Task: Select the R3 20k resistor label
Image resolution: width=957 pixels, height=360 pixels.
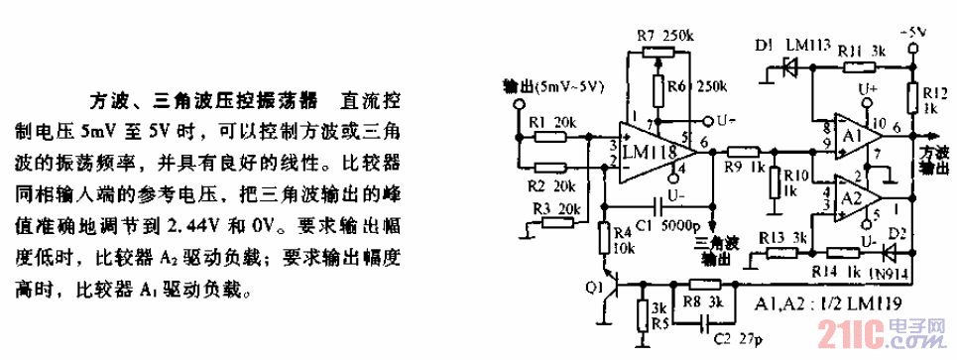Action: [557, 209]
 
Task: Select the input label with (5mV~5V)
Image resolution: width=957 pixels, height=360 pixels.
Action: [554, 86]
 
